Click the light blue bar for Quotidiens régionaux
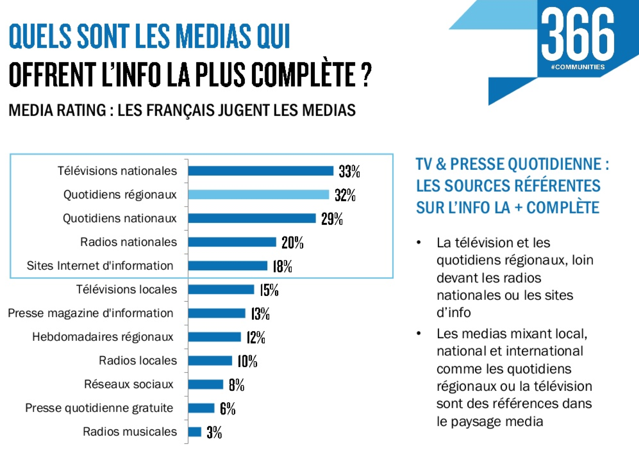point(258,194)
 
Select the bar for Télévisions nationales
point(261,171)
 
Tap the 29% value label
point(332,219)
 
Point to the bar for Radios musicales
point(195,432)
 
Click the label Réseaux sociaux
point(129,384)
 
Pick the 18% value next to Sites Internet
point(282,266)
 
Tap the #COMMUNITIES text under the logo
point(577,67)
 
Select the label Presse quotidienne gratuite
point(99,408)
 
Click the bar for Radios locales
point(210,360)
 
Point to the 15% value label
point(269,290)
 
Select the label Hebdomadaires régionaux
point(103,337)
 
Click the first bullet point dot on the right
point(419,243)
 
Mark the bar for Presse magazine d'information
point(216,313)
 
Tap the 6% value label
point(227,408)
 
